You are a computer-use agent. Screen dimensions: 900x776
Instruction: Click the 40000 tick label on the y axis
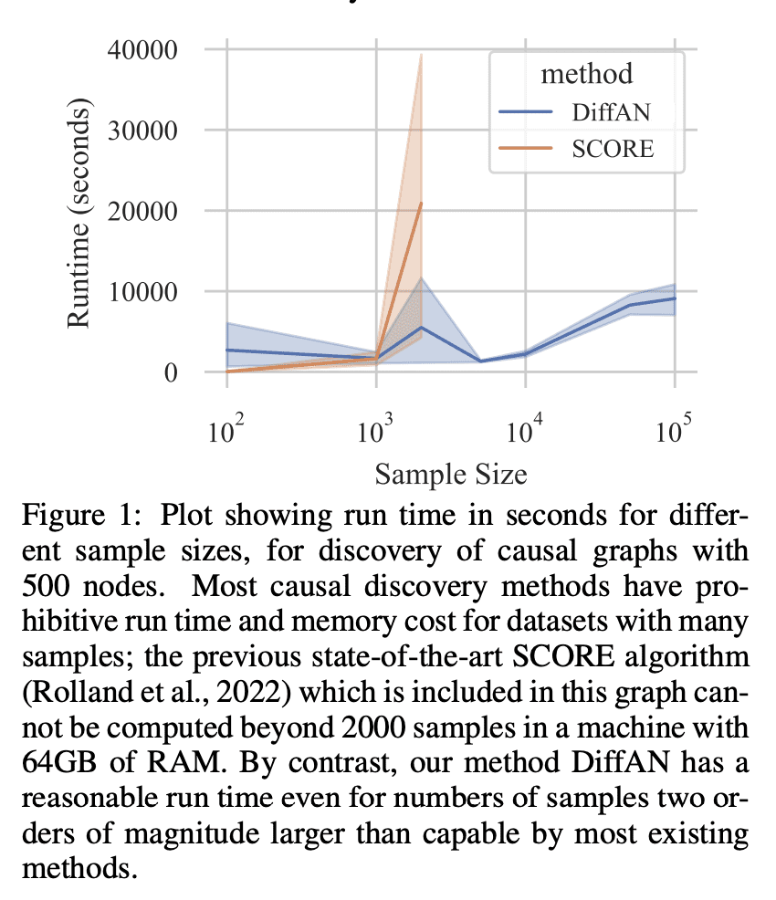[152, 49]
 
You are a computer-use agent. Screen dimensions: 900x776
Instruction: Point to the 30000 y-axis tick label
[152, 131]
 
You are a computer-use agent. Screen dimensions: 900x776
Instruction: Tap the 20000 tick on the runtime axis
[152, 211]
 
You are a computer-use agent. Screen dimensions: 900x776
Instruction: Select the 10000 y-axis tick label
[152, 292]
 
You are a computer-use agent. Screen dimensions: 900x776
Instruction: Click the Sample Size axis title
[451, 474]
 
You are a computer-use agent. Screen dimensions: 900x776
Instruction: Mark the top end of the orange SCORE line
[421, 204]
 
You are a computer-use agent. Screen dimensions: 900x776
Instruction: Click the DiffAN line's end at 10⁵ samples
[675, 298]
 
